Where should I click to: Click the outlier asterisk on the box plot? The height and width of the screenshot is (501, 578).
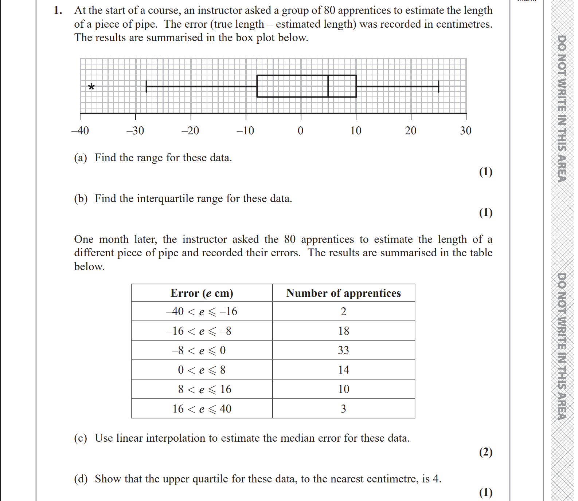coord(91,87)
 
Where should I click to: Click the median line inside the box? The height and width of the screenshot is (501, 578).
coord(328,86)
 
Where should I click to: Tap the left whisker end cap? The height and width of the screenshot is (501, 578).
coord(147,87)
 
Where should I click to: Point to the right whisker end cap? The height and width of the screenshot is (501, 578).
coord(438,87)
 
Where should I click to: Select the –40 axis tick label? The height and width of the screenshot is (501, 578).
coord(80,131)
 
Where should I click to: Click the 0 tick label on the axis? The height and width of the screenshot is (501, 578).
coord(300,131)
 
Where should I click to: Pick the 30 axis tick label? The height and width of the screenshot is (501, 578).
coord(465,131)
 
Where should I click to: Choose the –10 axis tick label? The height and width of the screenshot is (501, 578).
coord(245,131)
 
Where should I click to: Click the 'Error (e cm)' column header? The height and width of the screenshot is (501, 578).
coord(202,293)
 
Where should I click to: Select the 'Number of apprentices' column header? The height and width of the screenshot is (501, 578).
coord(343,293)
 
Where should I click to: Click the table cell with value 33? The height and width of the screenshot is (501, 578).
coord(343,350)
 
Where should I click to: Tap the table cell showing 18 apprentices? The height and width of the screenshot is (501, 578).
coord(343,331)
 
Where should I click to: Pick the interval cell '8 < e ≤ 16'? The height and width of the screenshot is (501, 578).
coord(202,389)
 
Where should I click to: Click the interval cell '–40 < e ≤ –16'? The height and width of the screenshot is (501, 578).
coord(202,312)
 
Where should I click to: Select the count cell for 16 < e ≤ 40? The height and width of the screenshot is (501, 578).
coord(343,409)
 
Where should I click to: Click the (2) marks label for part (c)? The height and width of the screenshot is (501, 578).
coord(485,452)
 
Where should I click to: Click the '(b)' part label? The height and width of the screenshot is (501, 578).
coord(81,199)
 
